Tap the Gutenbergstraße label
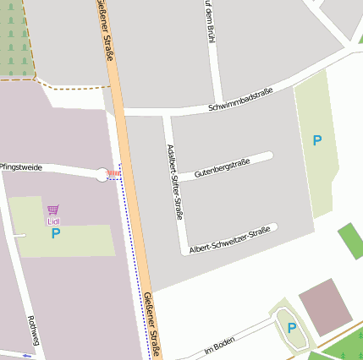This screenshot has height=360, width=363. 221,166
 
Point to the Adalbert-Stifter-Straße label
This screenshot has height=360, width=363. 174,182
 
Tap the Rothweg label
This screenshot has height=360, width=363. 34,330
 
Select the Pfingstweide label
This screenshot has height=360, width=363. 20,167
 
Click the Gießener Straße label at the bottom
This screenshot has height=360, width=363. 152,322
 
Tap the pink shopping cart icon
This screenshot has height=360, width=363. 53,210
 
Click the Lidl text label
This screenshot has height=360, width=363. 53,221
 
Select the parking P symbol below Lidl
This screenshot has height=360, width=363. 56,233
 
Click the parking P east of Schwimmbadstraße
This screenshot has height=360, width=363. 317,140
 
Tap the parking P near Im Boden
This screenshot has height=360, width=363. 292,328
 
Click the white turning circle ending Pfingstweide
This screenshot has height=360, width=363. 102,175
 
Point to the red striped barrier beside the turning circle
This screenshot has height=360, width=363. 114,174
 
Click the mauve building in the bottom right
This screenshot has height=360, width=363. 325,307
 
